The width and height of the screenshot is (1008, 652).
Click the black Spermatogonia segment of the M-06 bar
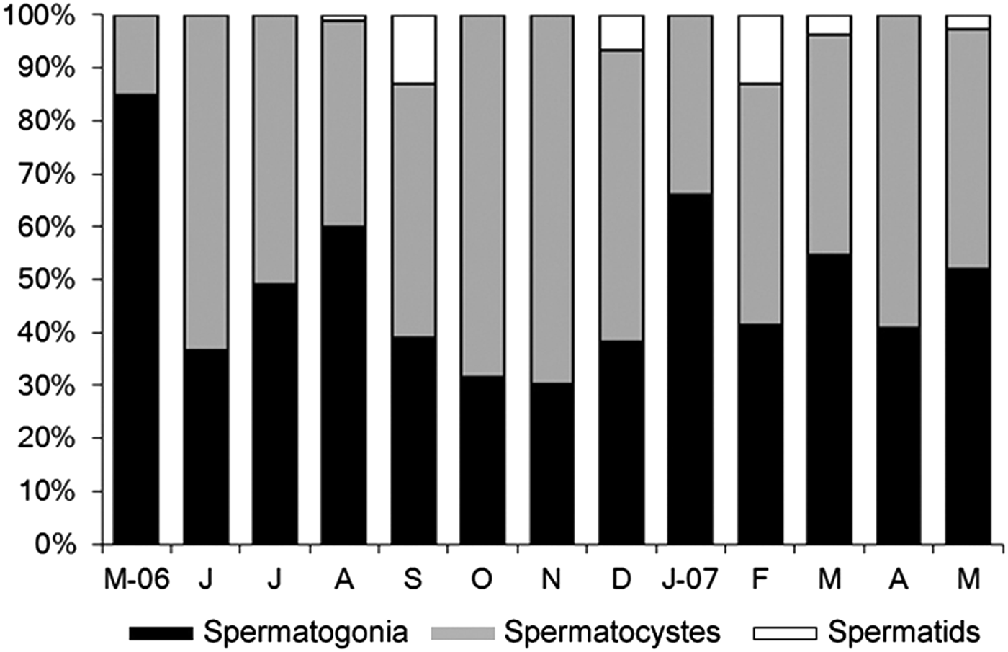(x=137, y=317)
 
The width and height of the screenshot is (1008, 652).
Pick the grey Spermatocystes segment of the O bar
(x=482, y=195)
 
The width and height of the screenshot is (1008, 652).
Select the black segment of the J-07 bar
(x=690, y=367)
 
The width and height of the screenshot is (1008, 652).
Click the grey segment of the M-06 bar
(x=137, y=54)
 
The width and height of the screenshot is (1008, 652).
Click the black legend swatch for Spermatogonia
(x=161, y=633)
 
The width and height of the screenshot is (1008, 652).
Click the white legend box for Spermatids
(x=784, y=633)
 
